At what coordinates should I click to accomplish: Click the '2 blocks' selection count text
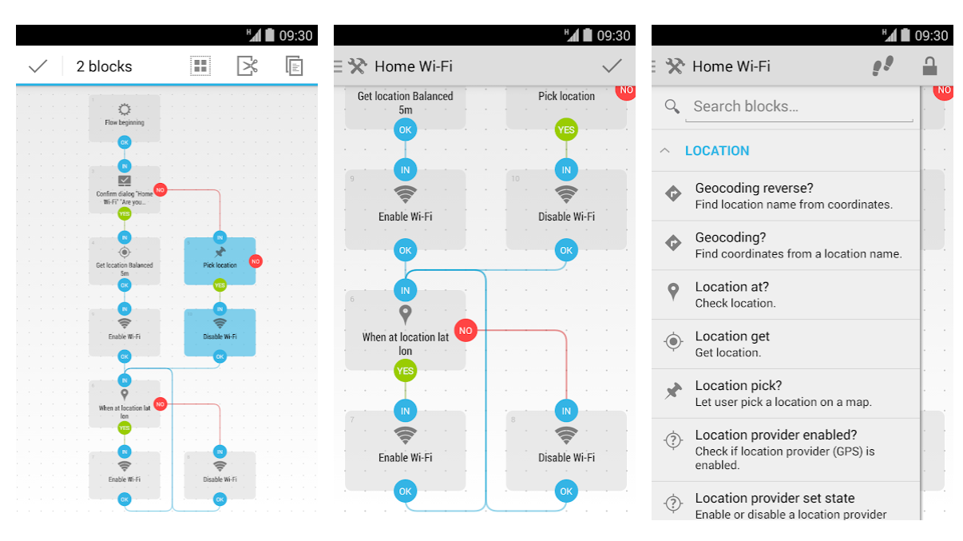click(x=104, y=66)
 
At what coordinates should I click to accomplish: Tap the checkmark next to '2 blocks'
click(x=38, y=66)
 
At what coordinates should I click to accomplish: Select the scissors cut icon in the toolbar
click(x=248, y=66)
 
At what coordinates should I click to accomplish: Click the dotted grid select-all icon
click(x=200, y=66)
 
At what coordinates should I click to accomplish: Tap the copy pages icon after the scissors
click(x=295, y=66)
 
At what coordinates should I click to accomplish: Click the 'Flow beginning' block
click(x=125, y=117)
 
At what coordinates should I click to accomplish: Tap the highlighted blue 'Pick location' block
click(x=220, y=261)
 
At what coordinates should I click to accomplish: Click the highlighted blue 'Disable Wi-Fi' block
click(x=220, y=332)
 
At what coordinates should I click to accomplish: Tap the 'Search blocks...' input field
click(x=799, y=107)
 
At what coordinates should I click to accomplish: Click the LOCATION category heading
click(x=717, y=151)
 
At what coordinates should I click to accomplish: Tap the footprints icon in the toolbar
click(x=882, y=66)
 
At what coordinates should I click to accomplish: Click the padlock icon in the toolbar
click(x=929, y=66)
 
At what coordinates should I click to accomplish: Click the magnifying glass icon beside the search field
click(x=672, y=106)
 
